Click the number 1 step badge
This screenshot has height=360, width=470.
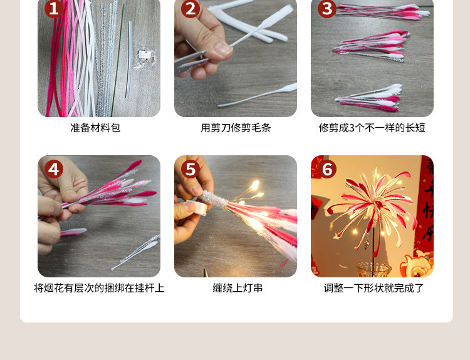pyautogui.click(x=53, y=9)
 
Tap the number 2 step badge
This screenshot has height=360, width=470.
pyautogui.click(x=191, y=9)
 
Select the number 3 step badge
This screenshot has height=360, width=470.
pyautogui.click(x=326, y=9)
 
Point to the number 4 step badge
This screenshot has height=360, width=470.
pyautogui.click(x=54, y=169)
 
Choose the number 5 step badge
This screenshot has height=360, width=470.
pyautogui.click(x=191, y=169)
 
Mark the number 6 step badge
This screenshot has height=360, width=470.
pyautogui.click(x=327, y=169)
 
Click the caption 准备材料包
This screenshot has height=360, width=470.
pyautogui.click(x=95, y=128)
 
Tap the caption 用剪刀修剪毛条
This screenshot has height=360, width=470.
pyautogui.click(x=236, y=128)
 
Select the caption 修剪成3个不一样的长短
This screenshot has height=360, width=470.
pyautogui.click(x=372, y=128)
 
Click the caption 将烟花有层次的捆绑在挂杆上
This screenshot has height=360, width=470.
pyautogui.click(x=99, y=288)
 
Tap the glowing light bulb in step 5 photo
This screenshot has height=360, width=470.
pyautogui.click(x=254, y=185)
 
